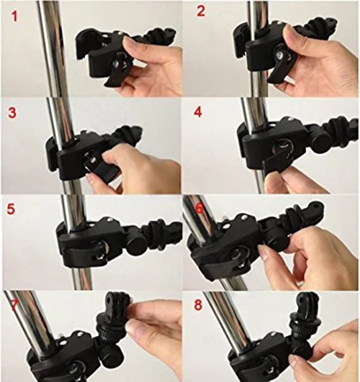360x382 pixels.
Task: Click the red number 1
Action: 14,17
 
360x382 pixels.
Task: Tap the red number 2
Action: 201,12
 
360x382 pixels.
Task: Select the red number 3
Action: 12,113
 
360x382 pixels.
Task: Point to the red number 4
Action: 198,112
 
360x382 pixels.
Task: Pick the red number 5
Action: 11,209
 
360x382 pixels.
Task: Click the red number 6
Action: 199,209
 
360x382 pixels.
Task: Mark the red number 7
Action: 14,305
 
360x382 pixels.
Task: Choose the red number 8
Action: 198,305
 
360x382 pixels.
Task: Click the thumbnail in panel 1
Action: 129,43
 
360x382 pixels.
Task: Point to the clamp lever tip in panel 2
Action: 271,79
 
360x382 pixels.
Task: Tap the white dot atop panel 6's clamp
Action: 243,217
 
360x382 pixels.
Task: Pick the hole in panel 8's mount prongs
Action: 302,301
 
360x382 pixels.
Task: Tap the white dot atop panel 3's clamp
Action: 89,133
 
